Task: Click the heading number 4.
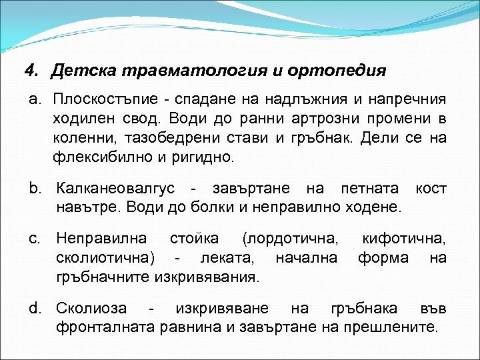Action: (29, 71)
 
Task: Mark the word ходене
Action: (373, 207)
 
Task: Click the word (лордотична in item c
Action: (290, 237)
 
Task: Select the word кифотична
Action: (404, 237)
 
